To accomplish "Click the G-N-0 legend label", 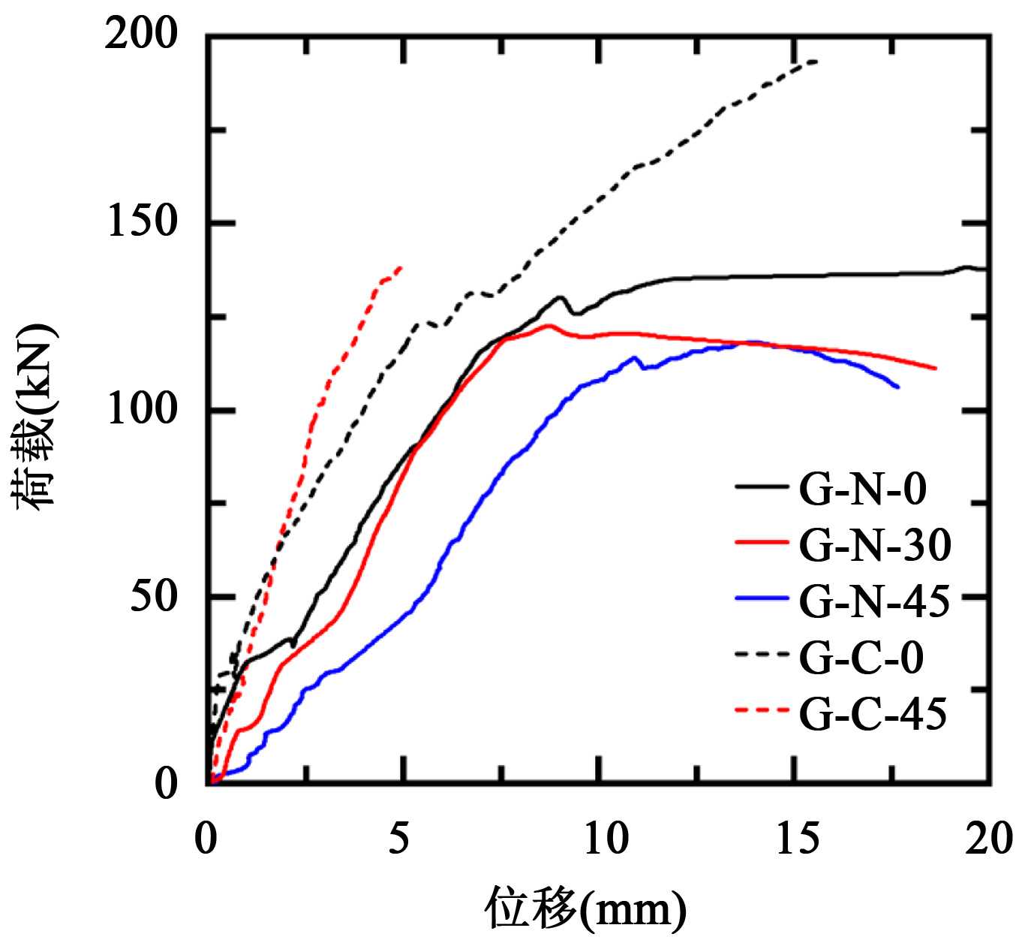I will pos(863,489).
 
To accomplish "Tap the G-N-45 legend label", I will pos(875,601).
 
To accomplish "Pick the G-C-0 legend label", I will pos(861,657).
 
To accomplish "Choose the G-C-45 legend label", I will pos(873,713).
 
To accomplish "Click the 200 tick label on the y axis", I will pos(143,36).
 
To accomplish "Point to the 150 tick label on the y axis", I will pos(143,223).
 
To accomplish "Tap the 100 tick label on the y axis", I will pos(143,410).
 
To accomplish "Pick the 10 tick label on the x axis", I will pos(598,839).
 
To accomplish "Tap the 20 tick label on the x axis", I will pos(989,839).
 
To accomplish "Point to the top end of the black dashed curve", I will pos(816,61).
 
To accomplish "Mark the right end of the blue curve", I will pos(898,387).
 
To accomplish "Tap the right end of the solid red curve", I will pos(936,368).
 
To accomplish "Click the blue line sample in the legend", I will pos(762,599).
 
